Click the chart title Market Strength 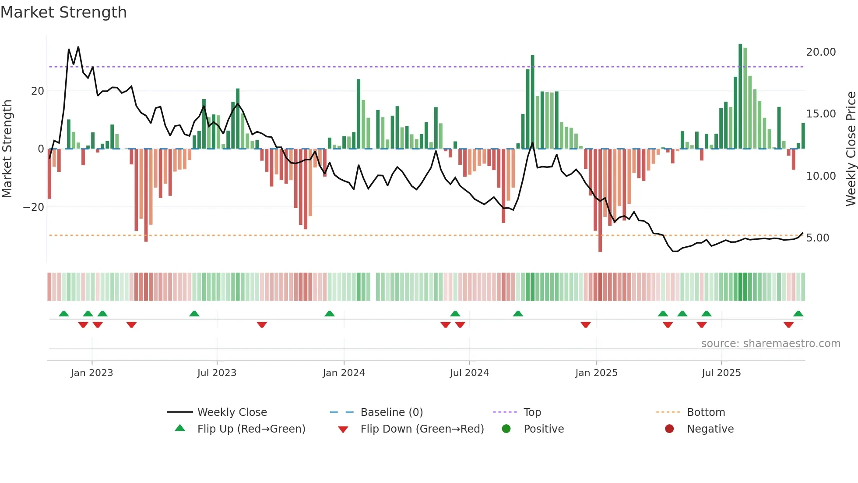pyautogui.click(x=64, y=12)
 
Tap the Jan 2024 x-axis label pyautogui.click(x=344, y=373)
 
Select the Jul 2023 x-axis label pyautogui.click(x=217, y=373)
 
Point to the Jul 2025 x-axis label pyautogui.click(x=721, y=373)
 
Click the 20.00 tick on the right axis pyautogui.click(x=821, y=52)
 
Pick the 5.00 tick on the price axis pyautogui.click(x=817, y=238)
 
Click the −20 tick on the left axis pyautogui.click(x=34, y=207)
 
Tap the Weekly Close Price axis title pyautogui.click(x=851, y=149)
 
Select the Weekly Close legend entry pyautogui.click(x=232, y=412)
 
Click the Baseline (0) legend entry pyautogui.click(x=391, y=412)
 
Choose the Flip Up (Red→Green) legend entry pyautogui.click(x=251, y=429)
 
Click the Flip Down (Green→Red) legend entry pyautogui.click(x=422, y=429)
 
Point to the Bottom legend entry pyautogui.click(x=706, y=412)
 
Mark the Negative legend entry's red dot pyautogui.click(x=669, y=429)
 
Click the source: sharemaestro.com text pyautogui.click(x=770, y=344)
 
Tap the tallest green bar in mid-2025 pyautogui.click(x=740, y=96)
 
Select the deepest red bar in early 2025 pyautogui.click(x=600, y=200)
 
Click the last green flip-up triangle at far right pyautogui.click(x=798, y=314)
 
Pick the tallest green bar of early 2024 pyautogui.click(x=359, y=114)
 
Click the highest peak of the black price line pyautogui.click(x=78, y=47)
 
